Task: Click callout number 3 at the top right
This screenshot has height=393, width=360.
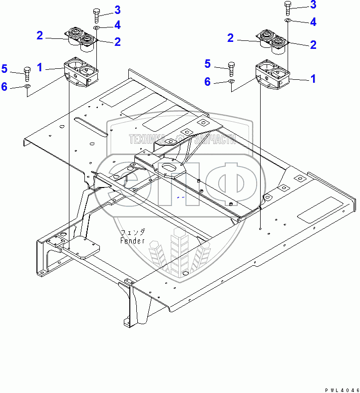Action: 313,5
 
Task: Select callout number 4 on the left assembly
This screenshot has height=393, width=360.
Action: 117,24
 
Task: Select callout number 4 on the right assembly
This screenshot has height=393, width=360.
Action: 313,21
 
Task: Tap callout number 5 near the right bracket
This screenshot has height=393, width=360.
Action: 207,63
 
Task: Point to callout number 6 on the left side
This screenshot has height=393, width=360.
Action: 4,86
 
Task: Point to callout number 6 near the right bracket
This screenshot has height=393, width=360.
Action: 207,81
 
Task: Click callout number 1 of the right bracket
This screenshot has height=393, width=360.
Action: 313,78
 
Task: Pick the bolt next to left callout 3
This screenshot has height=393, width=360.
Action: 97,15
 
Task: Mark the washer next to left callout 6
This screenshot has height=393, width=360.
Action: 27,87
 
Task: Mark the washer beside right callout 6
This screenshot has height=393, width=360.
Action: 232,81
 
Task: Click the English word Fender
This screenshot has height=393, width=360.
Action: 132,241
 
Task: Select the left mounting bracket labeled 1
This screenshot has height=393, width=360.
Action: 80,74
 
